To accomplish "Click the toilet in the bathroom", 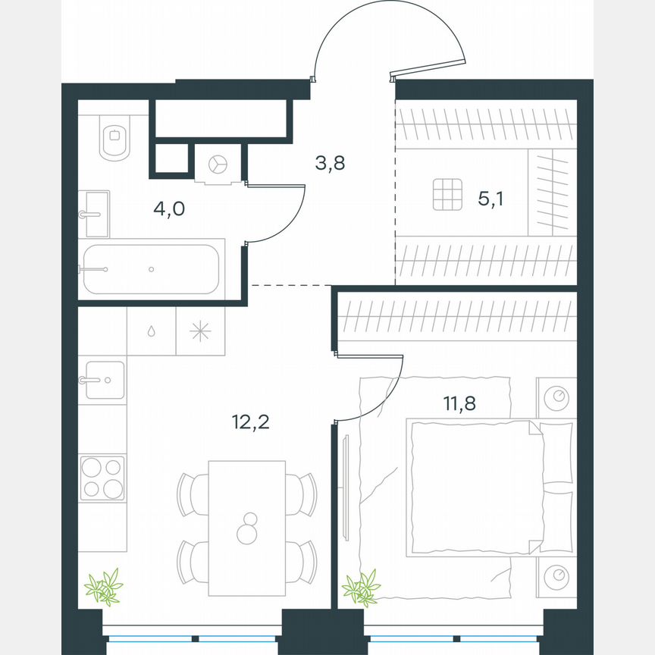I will tap(114, 137).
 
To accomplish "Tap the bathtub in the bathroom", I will tap(152, 269).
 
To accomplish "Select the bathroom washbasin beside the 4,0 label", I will tap(96, 214).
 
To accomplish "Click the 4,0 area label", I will tap(170, 208).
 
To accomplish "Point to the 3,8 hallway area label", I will tap(330, 162).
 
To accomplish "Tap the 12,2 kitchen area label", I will tap(250, 422).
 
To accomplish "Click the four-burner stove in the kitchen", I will tap(102, 478).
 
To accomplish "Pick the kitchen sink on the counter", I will tap(102, 378).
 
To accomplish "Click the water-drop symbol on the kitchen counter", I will tap(152, 331).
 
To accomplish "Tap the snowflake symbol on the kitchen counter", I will tap(200, 331).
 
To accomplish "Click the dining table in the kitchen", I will tap(247, 528).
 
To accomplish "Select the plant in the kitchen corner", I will tap(104, 585).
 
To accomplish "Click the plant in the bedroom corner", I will tap(362, 588).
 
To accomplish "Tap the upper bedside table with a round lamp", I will tap(556, 396).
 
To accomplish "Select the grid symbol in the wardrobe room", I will tap(447, 195).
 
